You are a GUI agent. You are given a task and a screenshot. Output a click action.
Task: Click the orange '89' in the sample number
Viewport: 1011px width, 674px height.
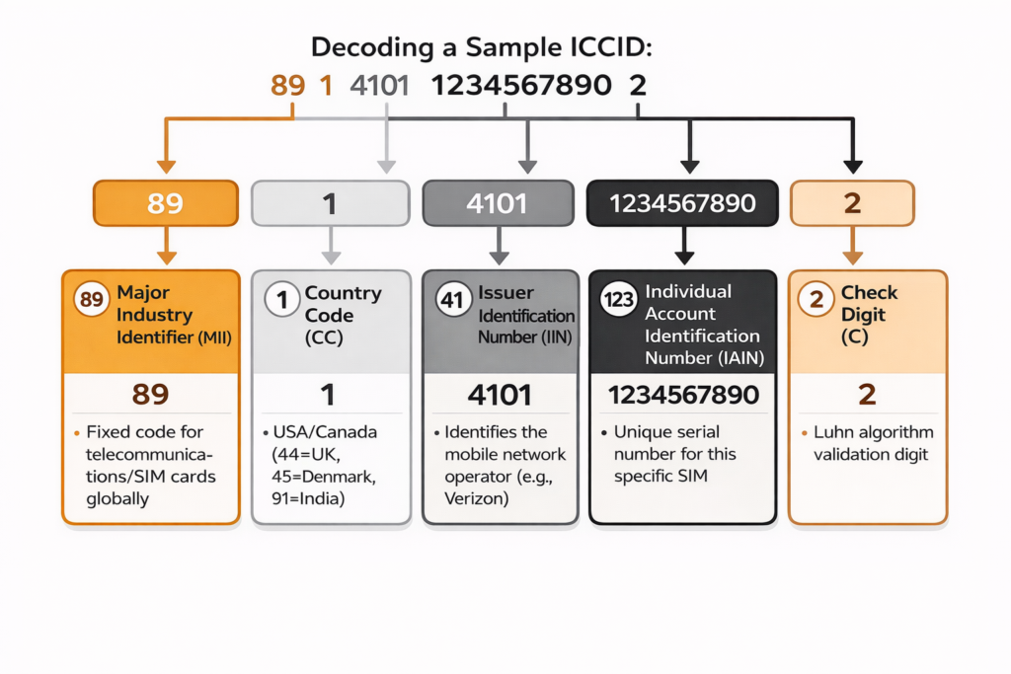click(287, 86)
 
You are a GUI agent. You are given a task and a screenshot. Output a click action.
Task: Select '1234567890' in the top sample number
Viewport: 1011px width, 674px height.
click(520, 86)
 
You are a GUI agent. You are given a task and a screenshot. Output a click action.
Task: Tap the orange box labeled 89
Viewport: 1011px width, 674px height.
click(165, 204)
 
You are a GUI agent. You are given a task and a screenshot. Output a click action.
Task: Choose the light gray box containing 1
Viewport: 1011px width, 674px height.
click(330, 204)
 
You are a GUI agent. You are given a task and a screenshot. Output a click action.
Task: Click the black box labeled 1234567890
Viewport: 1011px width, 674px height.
click(682, 204)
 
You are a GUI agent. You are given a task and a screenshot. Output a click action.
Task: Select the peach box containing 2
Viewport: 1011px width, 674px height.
click(852, 204)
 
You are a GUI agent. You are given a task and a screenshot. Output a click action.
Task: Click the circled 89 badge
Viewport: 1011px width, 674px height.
click(91, 299)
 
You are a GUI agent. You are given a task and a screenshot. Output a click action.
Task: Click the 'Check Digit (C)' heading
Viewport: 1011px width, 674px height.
click(868, 314)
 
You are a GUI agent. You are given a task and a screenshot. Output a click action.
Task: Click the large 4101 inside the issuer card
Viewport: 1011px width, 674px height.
click(500, 396)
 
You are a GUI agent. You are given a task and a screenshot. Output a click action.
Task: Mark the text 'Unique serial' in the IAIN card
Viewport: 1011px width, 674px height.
click(666, 432)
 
